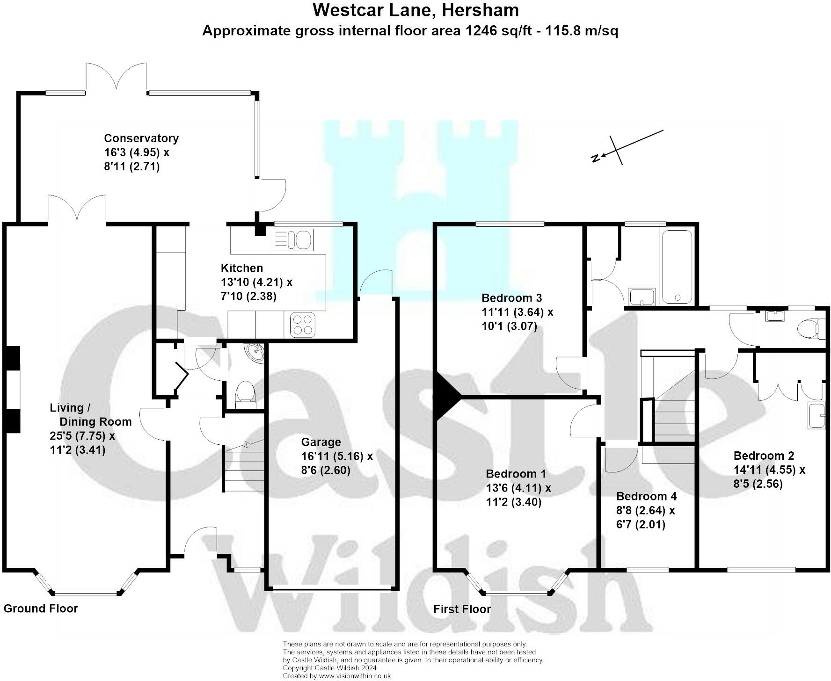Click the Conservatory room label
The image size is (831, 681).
[141, 138]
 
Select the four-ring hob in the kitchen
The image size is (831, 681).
[302, 324]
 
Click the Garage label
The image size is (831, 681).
[321, 442]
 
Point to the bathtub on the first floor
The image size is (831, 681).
[677, 267]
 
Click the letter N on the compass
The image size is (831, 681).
[596, 158]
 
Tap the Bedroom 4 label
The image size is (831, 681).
[646, 496]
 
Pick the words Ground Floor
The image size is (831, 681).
[41, 609]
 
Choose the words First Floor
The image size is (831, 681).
[462, 609]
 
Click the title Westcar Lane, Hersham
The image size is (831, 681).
[415, 10]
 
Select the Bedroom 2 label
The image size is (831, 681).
[764, 456]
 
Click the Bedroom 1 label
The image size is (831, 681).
[516, 474]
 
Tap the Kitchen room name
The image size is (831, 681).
[241, 268]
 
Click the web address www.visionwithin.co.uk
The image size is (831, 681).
[354, 676]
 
